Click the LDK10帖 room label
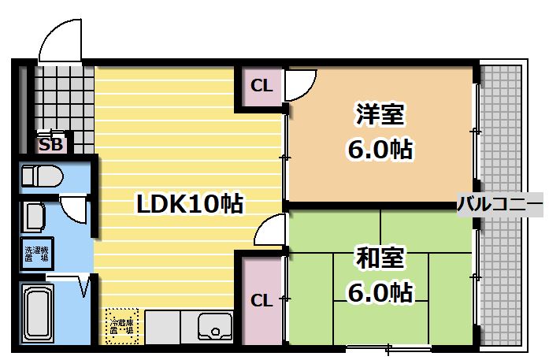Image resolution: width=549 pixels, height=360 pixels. click(x=189, y=205)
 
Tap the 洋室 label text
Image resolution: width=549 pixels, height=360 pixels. click(x=380, y=115)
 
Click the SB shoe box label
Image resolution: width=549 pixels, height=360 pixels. click(x=51, y=145)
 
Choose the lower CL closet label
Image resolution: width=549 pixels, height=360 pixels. click(x=262, y=300)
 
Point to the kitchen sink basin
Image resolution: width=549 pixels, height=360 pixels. click(x=214, y=325)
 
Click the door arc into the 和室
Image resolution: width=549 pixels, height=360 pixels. click(x=269, y=231)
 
